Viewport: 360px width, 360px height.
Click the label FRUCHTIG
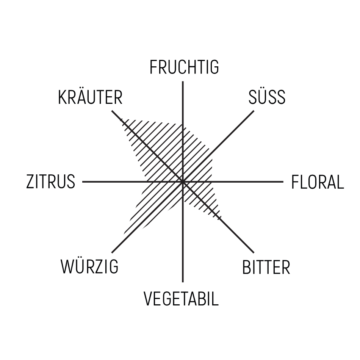click(184, 67)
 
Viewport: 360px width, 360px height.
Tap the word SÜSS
click(267, 97)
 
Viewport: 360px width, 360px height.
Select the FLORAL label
click(318, 182)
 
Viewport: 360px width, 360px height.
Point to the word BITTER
click(266, 267)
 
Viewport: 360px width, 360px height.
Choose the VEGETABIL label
click(181, 299)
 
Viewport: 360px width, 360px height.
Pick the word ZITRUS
click(51, 182)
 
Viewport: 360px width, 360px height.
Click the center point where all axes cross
click(183, 182)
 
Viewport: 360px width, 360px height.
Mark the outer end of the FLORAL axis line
click(283, 182)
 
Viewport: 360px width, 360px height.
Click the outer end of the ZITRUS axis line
click(83, 182)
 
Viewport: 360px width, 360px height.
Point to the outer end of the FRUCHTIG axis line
click(183, 81)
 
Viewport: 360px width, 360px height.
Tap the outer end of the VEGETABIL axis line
click(183, 282)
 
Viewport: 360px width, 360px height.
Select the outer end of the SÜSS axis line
click(254, 111)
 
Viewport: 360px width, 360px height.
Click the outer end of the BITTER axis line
click(254, 252)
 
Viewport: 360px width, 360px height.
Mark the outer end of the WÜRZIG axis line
click(112, 252)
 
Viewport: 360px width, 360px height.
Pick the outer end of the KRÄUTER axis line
click(112, 111)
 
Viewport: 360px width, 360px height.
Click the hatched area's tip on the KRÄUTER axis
click(121, 119)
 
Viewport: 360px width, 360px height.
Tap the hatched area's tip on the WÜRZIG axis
click(124, 234)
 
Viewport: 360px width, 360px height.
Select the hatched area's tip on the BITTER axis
click(221, 217)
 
